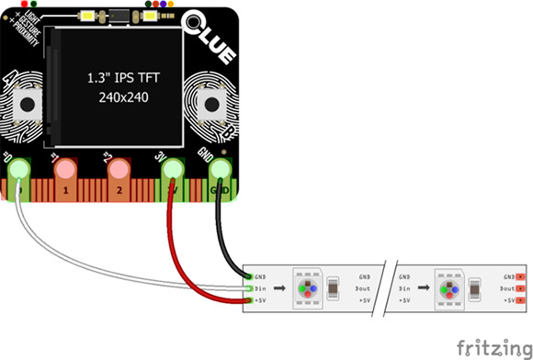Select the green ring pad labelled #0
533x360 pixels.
click(18, 170)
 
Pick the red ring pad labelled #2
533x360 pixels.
click(119, 170)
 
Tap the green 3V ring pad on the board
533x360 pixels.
click(169, 170)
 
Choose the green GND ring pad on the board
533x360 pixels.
click(220, 170)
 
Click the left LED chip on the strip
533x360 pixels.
click(305, 287)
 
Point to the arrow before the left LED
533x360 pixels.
click(278, 287)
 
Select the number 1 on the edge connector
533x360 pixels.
click(66, 191)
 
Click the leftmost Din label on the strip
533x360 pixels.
click(262, 287)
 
